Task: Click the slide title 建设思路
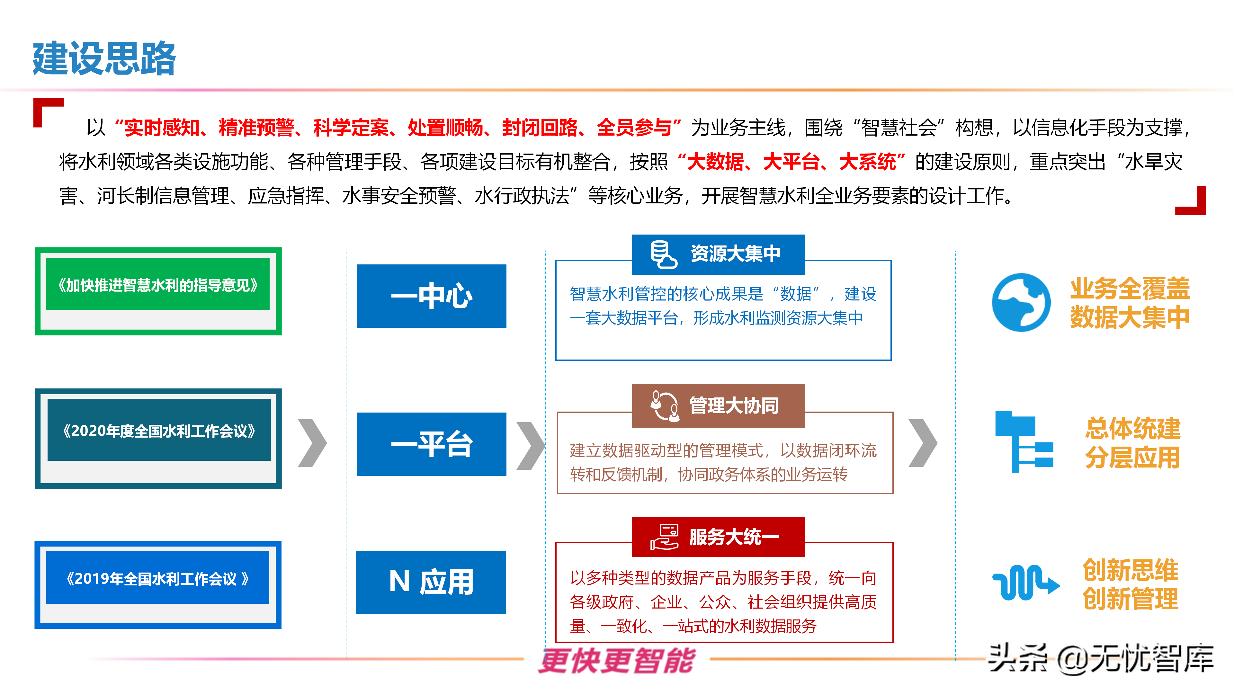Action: coord(104,58)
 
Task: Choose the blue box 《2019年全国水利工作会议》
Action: coord(157,578)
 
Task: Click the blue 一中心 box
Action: coord(431,296)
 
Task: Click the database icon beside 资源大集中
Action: coord(663,254)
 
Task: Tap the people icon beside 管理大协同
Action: coord(664,406)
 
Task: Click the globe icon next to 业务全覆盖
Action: coord(1021,303)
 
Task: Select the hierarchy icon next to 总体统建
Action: coord(1024,441)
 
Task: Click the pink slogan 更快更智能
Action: coord(617,661)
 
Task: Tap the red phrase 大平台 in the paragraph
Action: coord(791,162)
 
